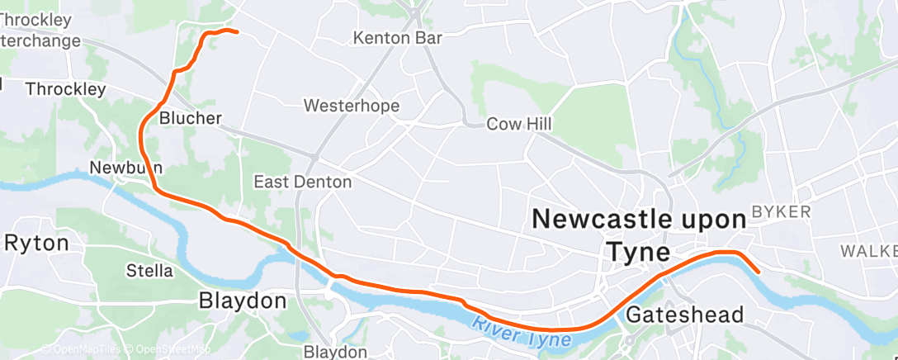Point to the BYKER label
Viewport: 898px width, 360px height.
781,212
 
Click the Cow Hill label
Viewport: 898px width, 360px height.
518,124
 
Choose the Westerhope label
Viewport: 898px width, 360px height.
352,106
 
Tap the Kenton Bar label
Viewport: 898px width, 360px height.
397,38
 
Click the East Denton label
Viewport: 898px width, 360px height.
302,182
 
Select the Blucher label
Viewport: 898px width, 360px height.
191,118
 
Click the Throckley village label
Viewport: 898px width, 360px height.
65,88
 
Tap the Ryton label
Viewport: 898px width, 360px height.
36,243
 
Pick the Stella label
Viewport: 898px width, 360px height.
149,270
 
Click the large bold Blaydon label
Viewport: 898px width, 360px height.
243,301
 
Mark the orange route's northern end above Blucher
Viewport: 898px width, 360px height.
237,32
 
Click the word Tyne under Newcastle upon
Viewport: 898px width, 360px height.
639,249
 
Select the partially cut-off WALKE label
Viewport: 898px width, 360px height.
868,249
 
